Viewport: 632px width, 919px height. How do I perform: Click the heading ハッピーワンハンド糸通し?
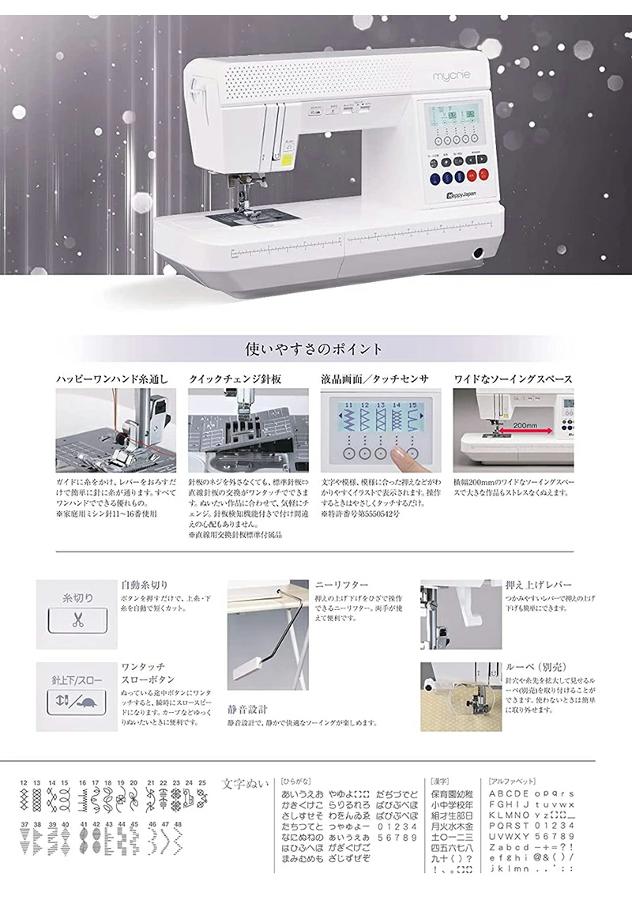pyautogui.click(x=112, y=379)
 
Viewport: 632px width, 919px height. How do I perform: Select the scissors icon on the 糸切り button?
pyautogui.click(x=77, y=620)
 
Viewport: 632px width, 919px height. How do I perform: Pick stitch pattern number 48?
pyautogui.click(x=178, y=824)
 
